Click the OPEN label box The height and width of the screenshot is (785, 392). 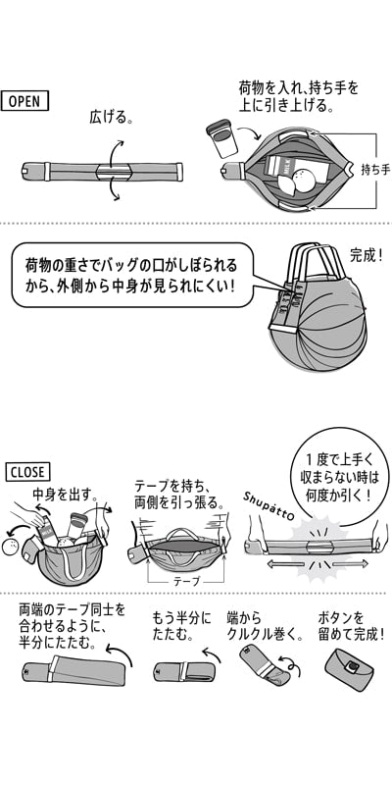(x=24, y=101)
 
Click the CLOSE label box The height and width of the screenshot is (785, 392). (x=27, y=472)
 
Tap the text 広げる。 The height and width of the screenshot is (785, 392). (x=112, y=117)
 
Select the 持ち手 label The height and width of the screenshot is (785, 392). (x=375, y=170)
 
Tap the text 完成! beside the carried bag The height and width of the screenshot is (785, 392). (x=367, y=256)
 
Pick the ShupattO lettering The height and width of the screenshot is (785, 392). (x=270, y=506)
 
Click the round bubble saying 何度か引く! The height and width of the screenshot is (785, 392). (x=340, y=476)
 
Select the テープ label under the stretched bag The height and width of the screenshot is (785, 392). (x=186, y=582)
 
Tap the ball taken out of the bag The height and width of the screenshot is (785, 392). (x=11, y=549)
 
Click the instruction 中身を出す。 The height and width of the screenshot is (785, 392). (x=65, y=494)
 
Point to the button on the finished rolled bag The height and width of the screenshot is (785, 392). (x=354, y=665)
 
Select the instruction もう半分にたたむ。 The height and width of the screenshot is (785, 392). (x=181, y=626)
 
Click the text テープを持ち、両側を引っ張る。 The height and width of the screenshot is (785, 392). (x=178, y=495)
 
